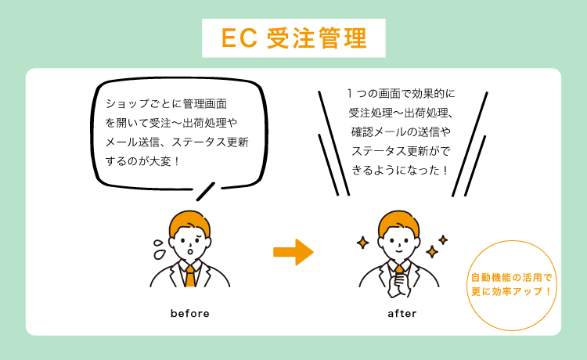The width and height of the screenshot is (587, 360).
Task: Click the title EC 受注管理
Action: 293,38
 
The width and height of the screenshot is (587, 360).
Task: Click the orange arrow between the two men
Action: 293,252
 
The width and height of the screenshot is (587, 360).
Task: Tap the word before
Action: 190,314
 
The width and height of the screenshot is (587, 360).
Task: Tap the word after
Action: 402,314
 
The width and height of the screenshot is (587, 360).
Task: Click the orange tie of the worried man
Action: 190,276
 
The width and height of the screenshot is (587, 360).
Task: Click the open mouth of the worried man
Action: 190,250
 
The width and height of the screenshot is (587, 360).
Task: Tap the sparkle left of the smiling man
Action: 362,243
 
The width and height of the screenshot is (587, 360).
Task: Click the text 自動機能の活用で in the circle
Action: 511,278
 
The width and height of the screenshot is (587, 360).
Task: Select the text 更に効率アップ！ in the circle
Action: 511,291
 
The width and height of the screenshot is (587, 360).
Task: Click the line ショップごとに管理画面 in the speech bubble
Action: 166,103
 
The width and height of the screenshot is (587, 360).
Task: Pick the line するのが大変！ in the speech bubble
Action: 142,162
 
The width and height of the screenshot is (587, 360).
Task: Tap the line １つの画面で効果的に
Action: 401,94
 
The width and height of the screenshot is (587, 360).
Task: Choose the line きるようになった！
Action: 400,171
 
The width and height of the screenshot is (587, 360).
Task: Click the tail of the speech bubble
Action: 206,192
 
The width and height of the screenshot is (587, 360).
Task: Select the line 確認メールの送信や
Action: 401,132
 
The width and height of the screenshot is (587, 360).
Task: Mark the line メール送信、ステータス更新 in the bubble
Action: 177,142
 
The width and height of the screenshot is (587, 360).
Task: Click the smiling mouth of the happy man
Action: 399,250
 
